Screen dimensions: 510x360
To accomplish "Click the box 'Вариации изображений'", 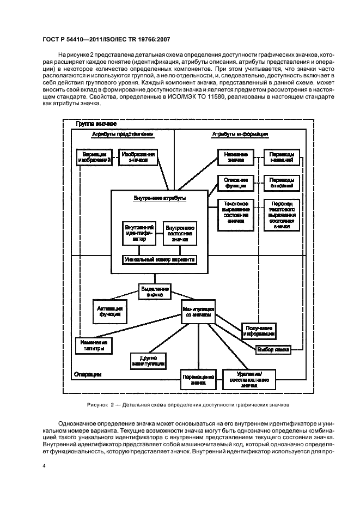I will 95,157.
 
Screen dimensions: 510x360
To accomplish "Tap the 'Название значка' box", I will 236,157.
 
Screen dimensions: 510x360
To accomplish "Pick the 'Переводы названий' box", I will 282,157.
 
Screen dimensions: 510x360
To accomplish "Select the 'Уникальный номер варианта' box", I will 160,259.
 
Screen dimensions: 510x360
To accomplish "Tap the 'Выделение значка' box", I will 155,290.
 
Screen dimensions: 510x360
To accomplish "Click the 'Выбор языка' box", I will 272,349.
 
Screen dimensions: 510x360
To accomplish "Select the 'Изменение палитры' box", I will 94,345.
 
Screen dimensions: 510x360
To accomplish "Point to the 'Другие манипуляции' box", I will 148,361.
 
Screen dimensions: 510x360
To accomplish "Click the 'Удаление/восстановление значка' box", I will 249,379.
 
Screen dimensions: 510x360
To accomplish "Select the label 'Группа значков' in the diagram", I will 94,125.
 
